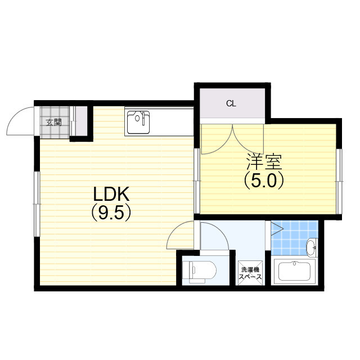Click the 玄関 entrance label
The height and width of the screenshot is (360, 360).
coord(54,123)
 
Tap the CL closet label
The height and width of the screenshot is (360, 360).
coord(231,103)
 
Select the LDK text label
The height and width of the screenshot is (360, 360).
coord(111,194)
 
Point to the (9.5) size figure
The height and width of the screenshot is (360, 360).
coord(111,213)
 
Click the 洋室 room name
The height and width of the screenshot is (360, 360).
coord(264,161)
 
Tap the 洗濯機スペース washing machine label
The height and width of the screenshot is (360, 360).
coord(250,273)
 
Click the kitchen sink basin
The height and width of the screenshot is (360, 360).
coord(138,122)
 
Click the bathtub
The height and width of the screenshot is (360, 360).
coord(294,272)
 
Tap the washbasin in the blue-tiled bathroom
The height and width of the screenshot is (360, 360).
coord(312,247)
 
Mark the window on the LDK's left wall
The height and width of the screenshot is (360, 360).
coord(37,204)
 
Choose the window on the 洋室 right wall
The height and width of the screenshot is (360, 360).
coord(339,181)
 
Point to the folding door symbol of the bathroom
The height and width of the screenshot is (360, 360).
coord(277,228)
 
